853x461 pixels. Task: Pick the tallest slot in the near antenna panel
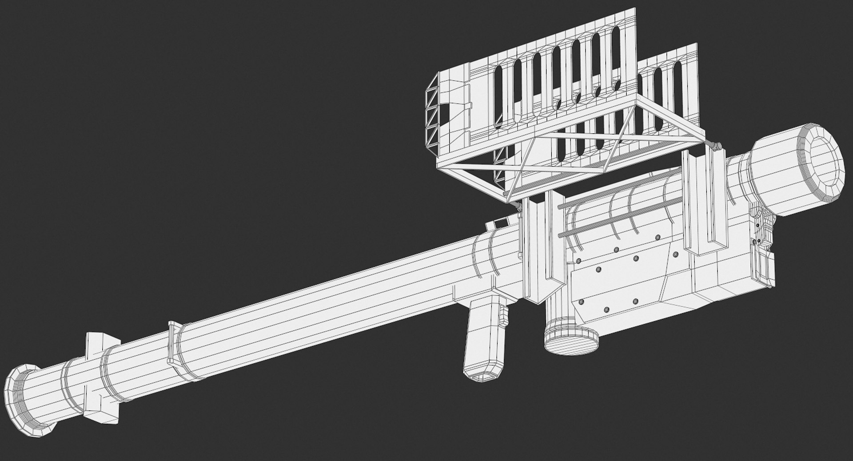point(616,58)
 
